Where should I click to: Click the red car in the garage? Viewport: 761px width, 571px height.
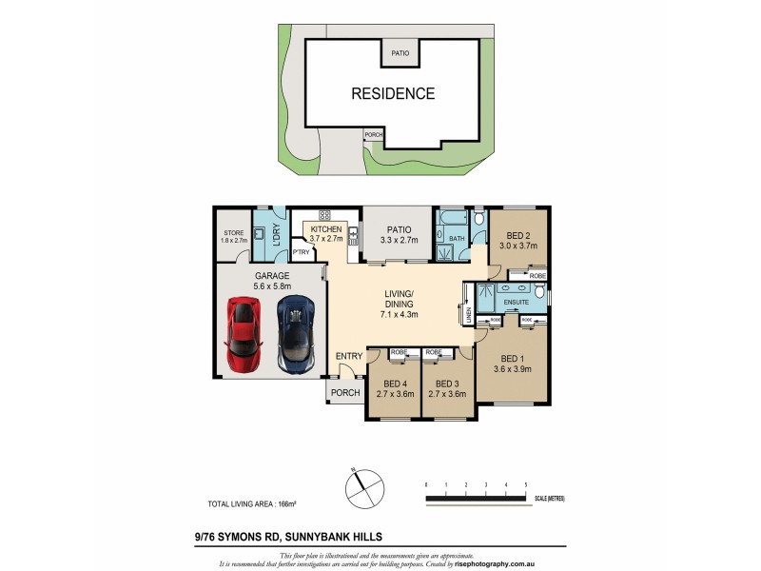click(244, 334)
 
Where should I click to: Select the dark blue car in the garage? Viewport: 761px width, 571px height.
click(295, 334)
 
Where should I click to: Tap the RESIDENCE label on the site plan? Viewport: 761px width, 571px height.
click(393, 93)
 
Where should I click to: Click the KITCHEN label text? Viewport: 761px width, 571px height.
click(325, 229)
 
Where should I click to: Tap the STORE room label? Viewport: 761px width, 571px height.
click(234, 232)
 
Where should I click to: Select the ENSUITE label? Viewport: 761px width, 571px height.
click(516, 303)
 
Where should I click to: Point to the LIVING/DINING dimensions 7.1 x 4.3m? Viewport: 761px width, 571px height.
click(400, 314)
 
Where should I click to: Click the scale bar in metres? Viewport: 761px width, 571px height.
click(476, 497)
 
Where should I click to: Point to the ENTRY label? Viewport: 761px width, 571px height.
click(348, 356)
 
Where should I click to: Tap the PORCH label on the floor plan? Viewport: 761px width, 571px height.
click(344, 393)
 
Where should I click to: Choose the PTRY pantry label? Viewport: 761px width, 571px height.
click(301, 252)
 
